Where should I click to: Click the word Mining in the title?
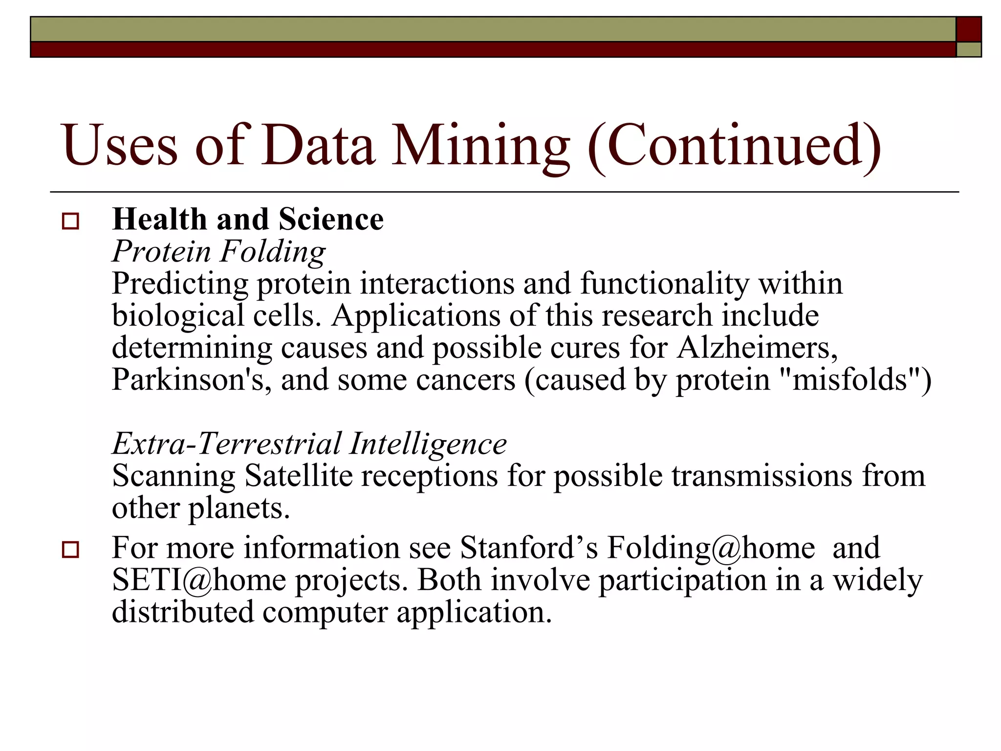481,145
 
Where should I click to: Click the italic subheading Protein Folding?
218,251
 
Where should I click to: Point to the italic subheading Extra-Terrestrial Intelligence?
309,443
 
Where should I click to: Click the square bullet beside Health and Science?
70,221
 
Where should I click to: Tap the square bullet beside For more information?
70,550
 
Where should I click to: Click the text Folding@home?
711,547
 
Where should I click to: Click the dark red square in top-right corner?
969,29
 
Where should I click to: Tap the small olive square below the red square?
969,49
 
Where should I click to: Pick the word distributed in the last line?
183,612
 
